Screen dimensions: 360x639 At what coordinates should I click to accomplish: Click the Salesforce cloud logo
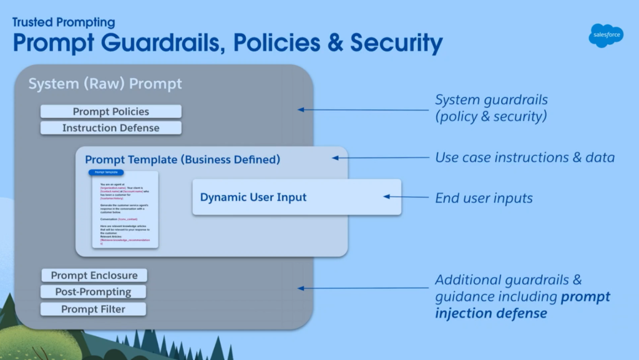[605, 35]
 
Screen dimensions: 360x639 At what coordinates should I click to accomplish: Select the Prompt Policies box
[110, 112]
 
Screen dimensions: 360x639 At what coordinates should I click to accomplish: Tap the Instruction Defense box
[110, 128]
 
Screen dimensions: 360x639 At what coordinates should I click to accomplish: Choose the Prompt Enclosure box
[94, 275]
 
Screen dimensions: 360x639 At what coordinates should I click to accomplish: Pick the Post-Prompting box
[94, 292]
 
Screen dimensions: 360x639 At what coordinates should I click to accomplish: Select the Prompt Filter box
[94, 309]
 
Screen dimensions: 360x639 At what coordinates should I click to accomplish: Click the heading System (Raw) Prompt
[105, 84]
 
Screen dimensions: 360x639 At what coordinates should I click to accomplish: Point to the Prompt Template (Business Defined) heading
[182, 160]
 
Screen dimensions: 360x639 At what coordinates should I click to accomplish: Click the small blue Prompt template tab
[105, 172]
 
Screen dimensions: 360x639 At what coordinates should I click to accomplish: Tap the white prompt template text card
[125, 212]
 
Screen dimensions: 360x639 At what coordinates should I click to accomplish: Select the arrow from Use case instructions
[380, 158]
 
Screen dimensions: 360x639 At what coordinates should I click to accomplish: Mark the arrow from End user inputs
[406, 197]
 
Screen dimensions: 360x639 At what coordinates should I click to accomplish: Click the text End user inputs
[484, 198]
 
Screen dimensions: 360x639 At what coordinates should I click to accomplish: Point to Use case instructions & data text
[524, 157]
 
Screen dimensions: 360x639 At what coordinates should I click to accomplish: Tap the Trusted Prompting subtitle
[64, 22]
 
